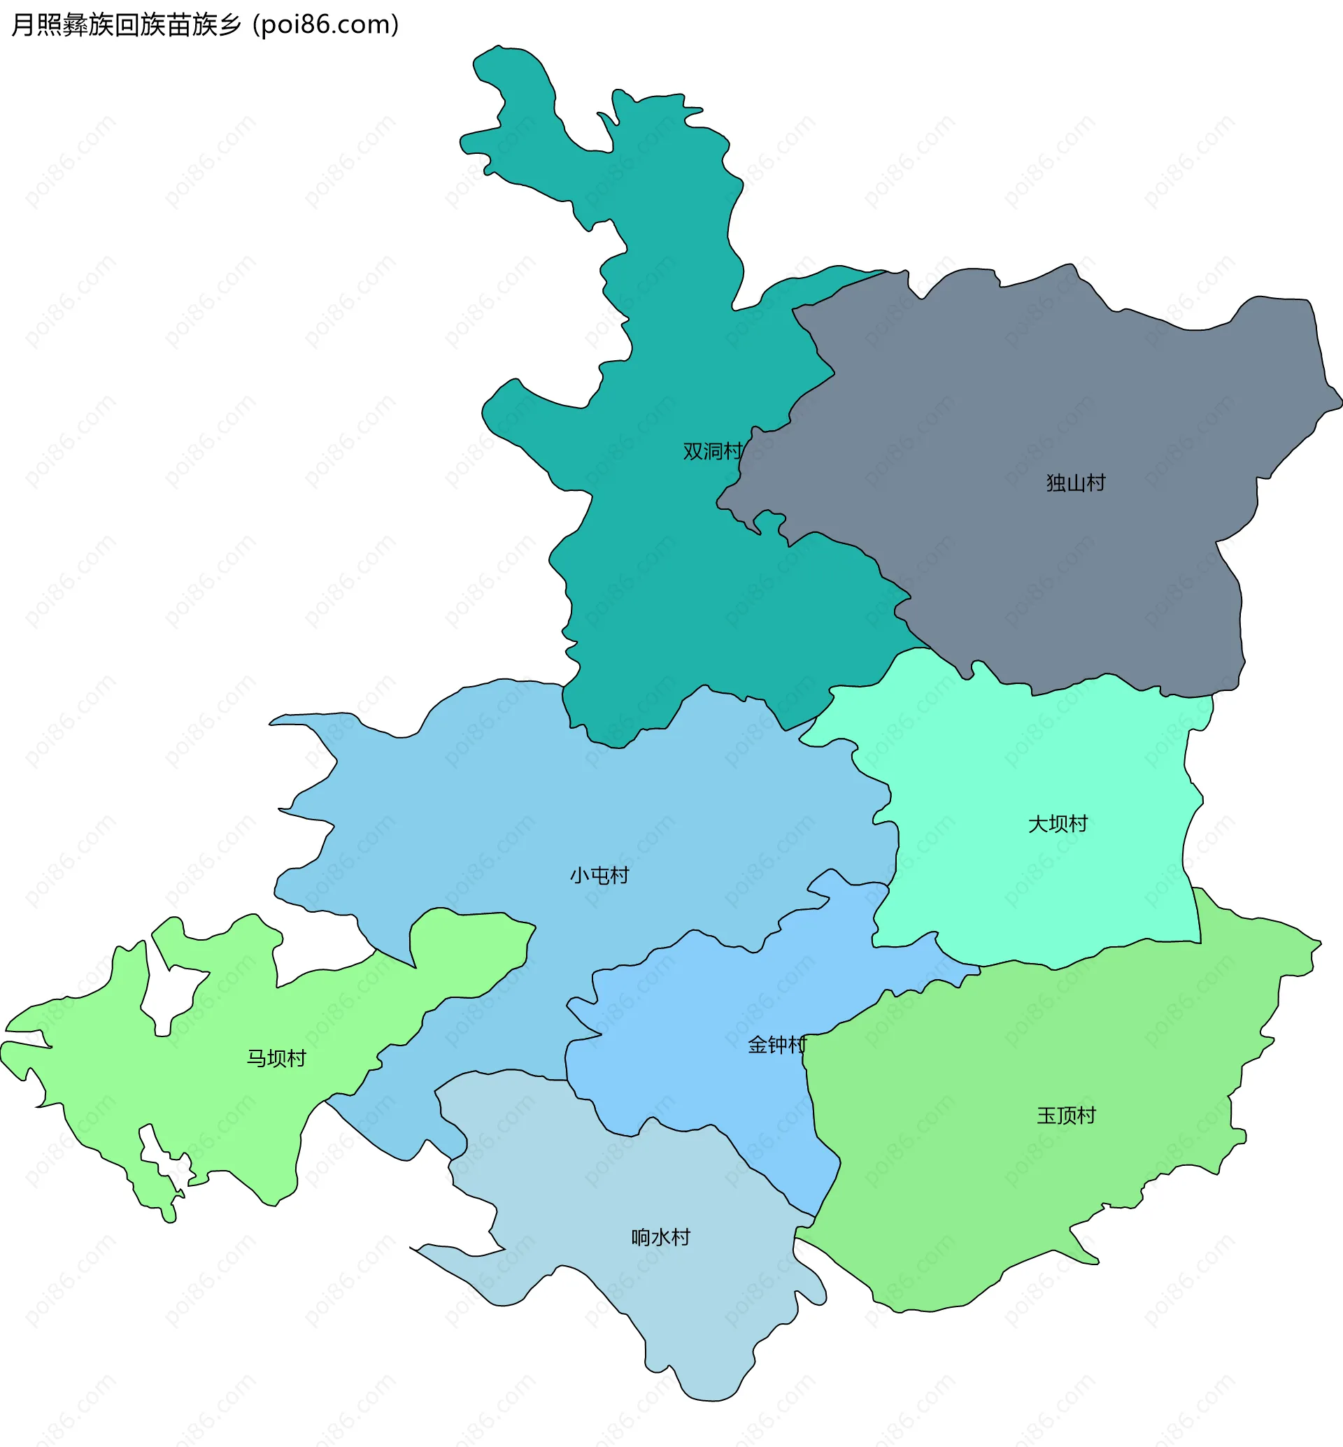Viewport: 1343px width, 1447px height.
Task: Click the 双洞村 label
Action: click(x=712, y=451)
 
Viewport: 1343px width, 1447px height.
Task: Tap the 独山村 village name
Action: click(x=1076, y=483)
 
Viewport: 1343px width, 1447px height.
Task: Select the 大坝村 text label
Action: click(x=1058, y=823)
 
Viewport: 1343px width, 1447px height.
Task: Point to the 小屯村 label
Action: click(x=599, y=875)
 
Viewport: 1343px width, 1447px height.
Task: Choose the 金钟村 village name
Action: click(x=777, y=1045)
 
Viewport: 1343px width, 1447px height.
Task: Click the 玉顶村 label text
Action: click(x=1066, y=1115)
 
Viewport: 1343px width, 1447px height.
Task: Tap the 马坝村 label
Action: click(x=276, y=1058)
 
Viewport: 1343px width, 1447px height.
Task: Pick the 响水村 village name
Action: click(x=660, y=1237)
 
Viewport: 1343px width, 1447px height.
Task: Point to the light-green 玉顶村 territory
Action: click(x=1018, y=1199)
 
